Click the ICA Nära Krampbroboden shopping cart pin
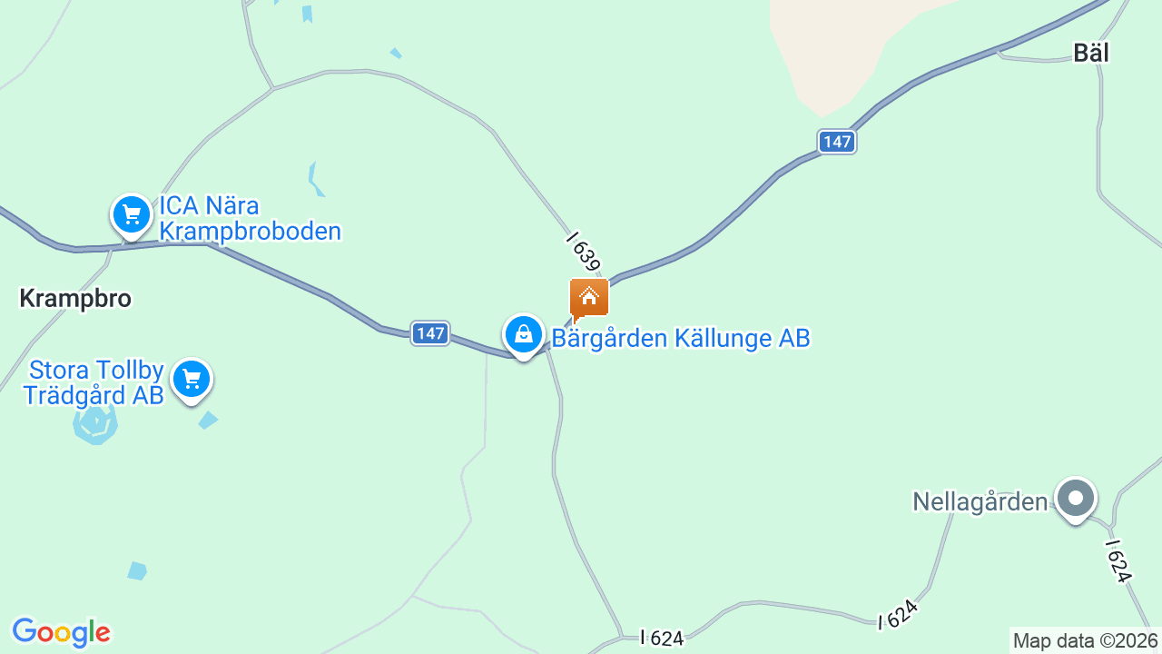132,215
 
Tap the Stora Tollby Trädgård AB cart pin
191,380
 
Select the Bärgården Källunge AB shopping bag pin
524,335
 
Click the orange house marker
588,298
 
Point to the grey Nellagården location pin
1076,499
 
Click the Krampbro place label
75,299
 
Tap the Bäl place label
1091,53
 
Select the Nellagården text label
980,501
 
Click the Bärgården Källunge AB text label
681,339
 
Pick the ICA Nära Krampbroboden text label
250,218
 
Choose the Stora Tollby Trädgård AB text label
94,382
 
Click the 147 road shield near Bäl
836,142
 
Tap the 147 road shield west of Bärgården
430,333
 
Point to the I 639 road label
584,252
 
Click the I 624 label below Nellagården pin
1119,560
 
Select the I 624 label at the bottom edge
662,639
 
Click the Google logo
61,632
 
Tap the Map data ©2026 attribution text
1085,641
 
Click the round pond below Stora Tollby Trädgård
95,424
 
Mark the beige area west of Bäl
835,45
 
